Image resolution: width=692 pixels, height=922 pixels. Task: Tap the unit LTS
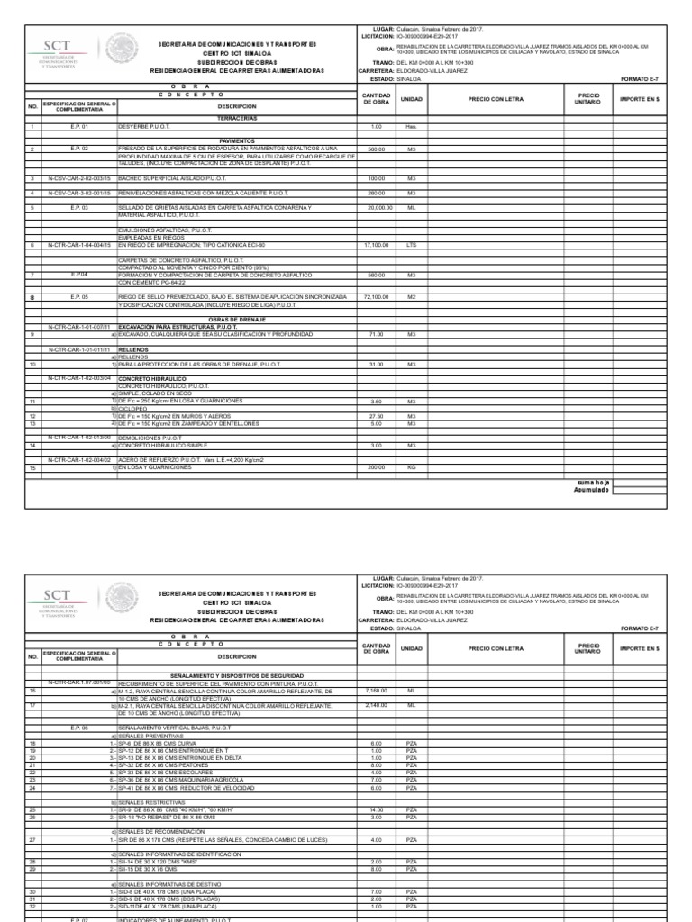tap(411, 244)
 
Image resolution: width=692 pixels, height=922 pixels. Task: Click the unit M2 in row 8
tap(411, 295)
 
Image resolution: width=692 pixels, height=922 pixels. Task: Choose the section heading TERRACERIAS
tap(237, 118)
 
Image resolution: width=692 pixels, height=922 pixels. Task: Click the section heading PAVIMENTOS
tap(237, 141)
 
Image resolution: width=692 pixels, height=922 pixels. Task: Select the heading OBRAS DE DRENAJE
tap(237, 320)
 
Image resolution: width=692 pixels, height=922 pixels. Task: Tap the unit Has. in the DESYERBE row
tap(411, 127)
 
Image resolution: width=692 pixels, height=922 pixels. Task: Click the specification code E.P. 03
tap(80, 207)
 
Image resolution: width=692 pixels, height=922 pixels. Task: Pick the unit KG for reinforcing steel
tap(411, 468)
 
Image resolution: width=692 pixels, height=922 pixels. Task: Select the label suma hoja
tap(593, 484)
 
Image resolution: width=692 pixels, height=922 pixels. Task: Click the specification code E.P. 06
tap(80, 726)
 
